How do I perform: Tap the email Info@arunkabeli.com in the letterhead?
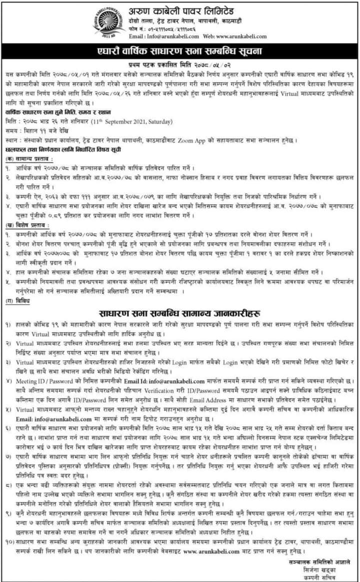164,37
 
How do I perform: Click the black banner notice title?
180,51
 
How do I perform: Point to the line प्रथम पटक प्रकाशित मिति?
180,64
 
